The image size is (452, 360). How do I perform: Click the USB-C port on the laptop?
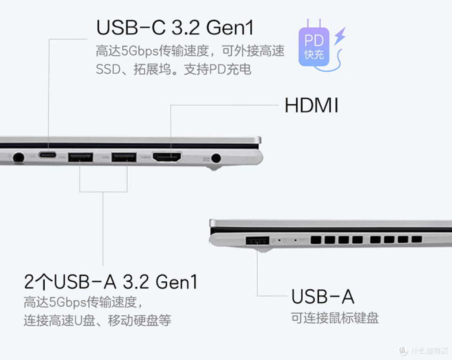(x=47, y=155)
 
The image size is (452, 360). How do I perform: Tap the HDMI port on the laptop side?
(x=167, y=157)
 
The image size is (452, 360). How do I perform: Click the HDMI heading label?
(x=311, y=105)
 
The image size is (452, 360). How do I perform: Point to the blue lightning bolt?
(x=340, y=36)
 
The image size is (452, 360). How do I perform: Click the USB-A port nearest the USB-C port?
(x=80, y=157)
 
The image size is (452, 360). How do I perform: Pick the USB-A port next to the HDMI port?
(x=124, y=157)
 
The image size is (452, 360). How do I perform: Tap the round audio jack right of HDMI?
(x=216, y=158)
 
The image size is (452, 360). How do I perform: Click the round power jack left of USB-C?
(x=19, y=158)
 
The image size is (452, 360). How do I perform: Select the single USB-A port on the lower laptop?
(x=257, y=240)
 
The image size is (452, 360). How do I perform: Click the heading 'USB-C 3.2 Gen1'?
(x=175, y=28)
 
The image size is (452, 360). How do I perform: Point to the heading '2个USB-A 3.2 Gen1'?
(x=110, y=282)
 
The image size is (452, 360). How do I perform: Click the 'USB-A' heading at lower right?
(x=323, y=297)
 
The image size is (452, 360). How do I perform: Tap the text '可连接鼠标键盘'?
(x=335, y=318)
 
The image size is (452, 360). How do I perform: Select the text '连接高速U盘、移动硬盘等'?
(x=98, y=321)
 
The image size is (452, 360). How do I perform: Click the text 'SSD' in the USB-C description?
(x=108, y=69)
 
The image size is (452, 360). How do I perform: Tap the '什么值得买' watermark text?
(x=429, y=350)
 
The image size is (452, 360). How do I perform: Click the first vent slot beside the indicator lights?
(x=316, y=240)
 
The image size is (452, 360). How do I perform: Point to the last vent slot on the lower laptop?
(x=416, y=239)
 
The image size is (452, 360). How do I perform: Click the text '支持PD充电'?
(x=217, y=69)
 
